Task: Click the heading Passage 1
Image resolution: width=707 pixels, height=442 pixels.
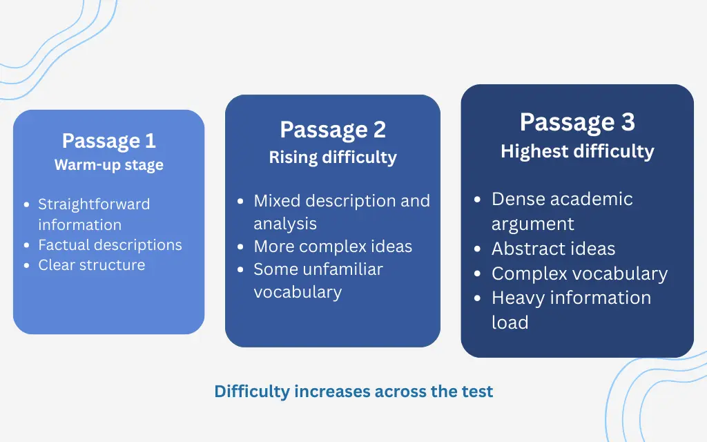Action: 108,141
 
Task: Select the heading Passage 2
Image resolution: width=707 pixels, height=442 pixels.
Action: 333,130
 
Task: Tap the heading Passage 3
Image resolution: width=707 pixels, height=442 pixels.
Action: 577,122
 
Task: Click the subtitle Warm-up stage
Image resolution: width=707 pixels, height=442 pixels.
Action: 108,165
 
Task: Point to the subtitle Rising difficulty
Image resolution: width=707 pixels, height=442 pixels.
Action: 333,157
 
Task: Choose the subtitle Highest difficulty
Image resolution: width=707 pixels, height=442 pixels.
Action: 577,151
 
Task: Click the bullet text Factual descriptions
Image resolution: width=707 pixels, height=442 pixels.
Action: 110,245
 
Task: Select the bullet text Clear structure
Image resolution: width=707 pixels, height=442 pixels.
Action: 91,265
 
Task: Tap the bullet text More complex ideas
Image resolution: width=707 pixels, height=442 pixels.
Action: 333,247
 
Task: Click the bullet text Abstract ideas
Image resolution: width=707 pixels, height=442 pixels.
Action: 553,249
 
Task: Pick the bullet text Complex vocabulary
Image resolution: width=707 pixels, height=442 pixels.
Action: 579,273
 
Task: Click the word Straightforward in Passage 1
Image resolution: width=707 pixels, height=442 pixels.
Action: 94,204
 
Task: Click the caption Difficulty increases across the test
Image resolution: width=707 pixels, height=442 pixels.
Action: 353,392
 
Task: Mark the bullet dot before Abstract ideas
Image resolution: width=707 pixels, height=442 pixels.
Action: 478,249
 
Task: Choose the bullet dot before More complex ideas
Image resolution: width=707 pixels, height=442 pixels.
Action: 240,247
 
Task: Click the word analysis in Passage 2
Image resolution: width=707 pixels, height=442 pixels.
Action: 285,224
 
